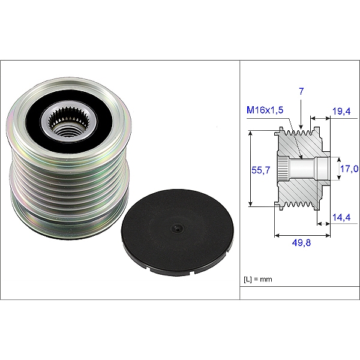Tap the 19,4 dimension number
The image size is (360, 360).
341,111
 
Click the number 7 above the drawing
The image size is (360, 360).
302,91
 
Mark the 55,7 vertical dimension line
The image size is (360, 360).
250,170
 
